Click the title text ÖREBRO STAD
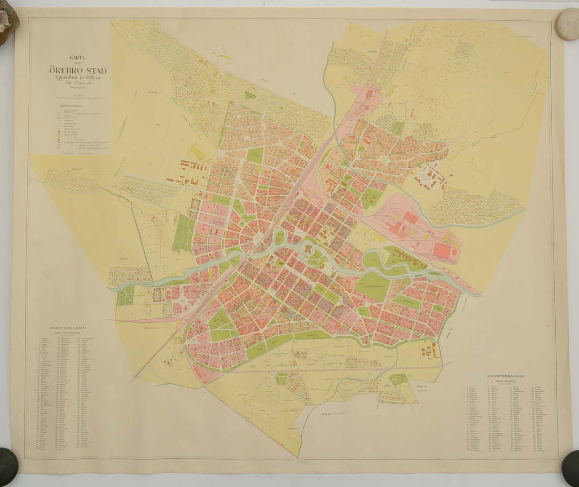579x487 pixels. pos(78,71)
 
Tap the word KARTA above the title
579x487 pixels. pos(77,57)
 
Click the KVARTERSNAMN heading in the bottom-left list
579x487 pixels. pos(67,328)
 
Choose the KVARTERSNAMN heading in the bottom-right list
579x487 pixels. pos(505,376)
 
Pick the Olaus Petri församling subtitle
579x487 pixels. pos(67,333)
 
